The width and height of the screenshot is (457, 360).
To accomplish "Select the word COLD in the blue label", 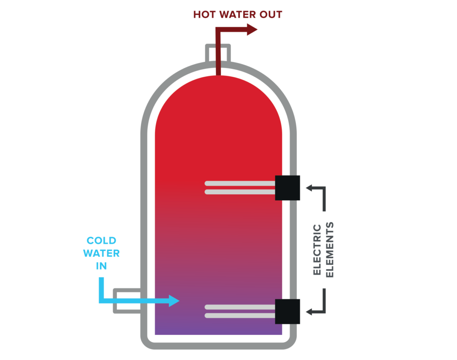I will coord(101,241).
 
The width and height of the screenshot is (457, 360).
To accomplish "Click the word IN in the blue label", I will coord(101,266).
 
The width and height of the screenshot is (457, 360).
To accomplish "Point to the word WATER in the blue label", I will coord(101,254).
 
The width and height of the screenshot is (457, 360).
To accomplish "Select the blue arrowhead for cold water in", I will coord(174,301).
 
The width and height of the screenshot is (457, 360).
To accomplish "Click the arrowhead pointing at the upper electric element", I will coord(309,188).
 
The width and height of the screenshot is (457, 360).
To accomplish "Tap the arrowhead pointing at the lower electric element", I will coord(309,311).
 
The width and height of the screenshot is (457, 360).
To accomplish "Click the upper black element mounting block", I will coord(287,188).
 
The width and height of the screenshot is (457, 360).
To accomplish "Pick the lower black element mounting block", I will coord(287,311).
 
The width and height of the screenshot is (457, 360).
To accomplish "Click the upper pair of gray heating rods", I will coord(240,188).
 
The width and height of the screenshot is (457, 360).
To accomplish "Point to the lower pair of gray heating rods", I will coord(240,311).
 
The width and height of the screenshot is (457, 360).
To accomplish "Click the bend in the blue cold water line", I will coord(102,300).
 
